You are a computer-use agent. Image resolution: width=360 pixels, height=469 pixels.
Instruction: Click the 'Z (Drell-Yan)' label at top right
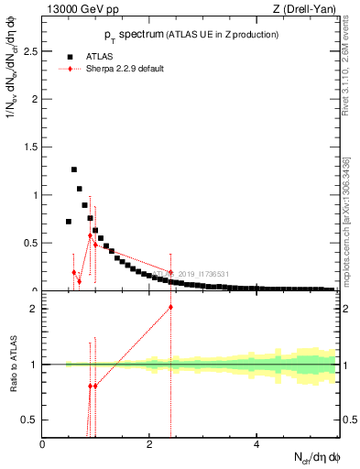tap(304, 10)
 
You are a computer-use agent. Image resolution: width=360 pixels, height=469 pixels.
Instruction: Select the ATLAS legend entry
tap(99, 56)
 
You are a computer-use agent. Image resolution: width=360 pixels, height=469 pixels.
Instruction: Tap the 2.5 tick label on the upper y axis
tap(31, 51)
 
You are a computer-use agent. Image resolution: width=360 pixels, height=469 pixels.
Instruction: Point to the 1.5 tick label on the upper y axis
tap(31, 147)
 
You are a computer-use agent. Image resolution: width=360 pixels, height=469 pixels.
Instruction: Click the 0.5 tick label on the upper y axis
tap(31, 243)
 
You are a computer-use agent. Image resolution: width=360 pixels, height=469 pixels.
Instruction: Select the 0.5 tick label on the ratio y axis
tap(31, 420)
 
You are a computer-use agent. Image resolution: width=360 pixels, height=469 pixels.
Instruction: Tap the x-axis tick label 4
tap(256, 444)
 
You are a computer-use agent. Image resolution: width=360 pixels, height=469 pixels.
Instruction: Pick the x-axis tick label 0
tap(43, 444)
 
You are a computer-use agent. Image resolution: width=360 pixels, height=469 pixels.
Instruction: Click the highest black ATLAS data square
tap(74, 169)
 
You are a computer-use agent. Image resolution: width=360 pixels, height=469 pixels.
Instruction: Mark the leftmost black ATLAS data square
tap(69, 222)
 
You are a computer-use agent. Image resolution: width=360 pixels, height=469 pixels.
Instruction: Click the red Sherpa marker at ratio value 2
tap(170, 307)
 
